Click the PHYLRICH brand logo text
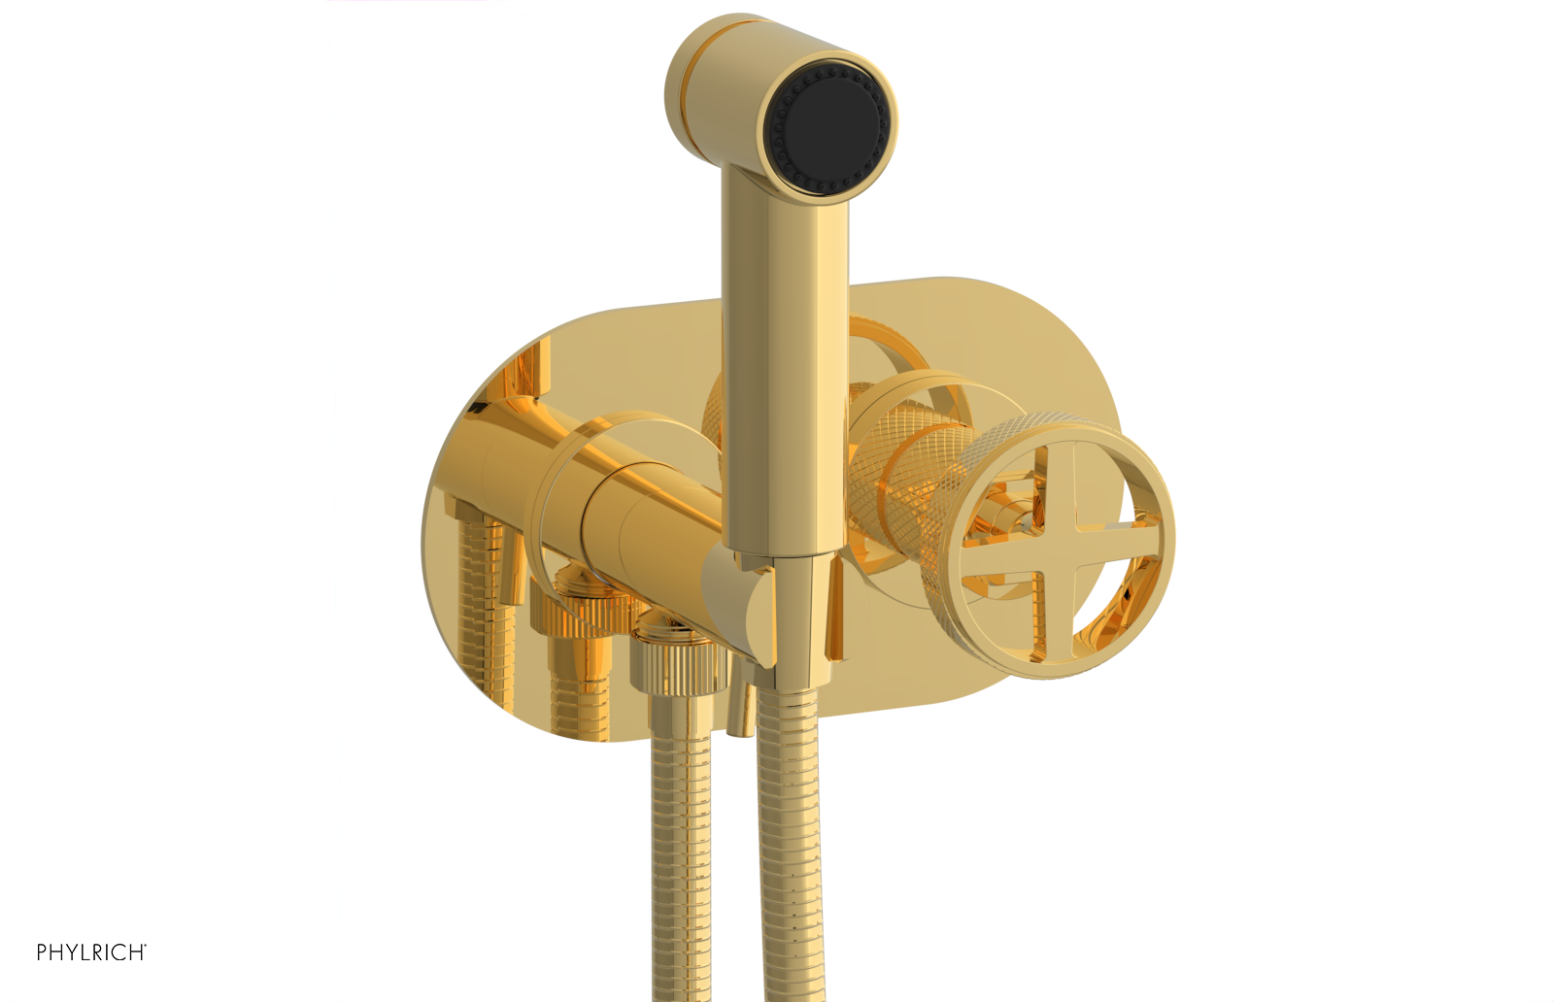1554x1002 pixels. (91, 952)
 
